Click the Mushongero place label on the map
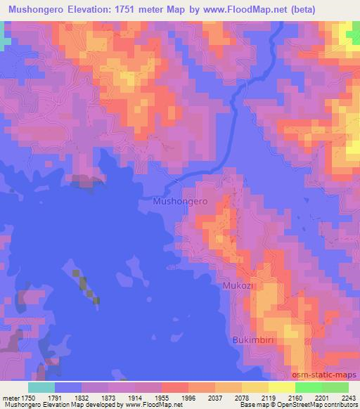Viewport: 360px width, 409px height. (x=180, y=201)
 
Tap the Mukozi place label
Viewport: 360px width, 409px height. (x=237, y=287)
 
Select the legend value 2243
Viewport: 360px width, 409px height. (x=349, y=397)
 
